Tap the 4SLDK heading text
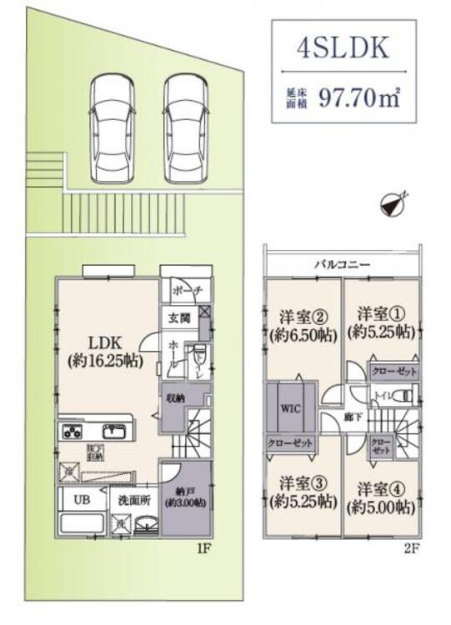click(343, 49)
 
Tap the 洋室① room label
click(379, 314)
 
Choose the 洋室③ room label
click(302, 482)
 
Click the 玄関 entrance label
click(178, 317)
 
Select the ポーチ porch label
click(183, 291)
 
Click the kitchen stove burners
click(70, 432)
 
